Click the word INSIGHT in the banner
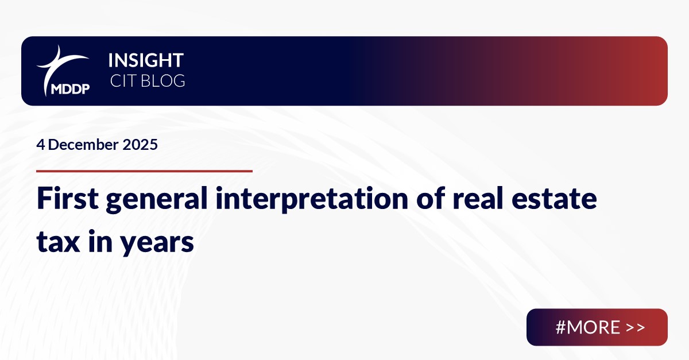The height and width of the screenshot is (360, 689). coord(146,60)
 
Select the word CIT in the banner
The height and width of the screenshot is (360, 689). coord(122,81)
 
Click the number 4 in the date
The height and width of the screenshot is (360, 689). coord(40,145)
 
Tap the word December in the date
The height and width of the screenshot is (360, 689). coord(83,145)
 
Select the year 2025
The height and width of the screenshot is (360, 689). coord(140,145)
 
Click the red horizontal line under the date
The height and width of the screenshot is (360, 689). coord(144,171)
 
